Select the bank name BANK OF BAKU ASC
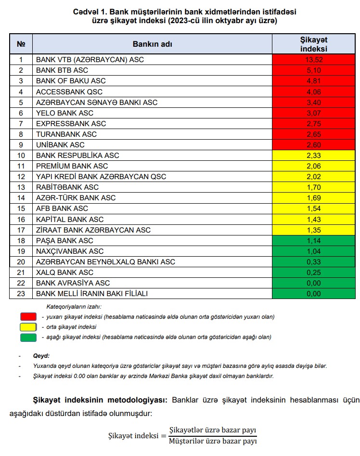(71, 81)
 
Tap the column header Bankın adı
(152, 44)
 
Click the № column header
(21, 44)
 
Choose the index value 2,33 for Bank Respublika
(313, 156)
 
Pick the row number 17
(21, 230)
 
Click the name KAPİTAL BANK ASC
(70, 219)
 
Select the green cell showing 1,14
(313, 240)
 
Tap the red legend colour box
(28, 317)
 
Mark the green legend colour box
(28, 337)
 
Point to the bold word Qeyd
(41, 356)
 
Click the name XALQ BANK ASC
(65, 272)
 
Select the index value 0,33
(313, 261)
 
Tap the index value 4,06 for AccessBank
(313, 91)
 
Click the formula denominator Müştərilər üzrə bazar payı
(213, 441)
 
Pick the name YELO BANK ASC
(65, 113)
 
